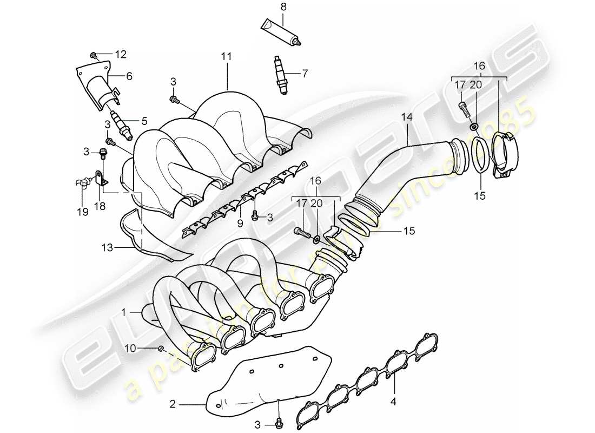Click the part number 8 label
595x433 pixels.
283,7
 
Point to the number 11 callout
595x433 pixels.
226,56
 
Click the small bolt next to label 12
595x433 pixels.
94,55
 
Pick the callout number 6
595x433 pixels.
129,76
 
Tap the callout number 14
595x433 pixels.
406,116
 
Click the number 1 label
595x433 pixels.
123,312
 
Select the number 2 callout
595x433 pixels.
173,403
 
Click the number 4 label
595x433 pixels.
394,402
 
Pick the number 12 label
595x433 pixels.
120,54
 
